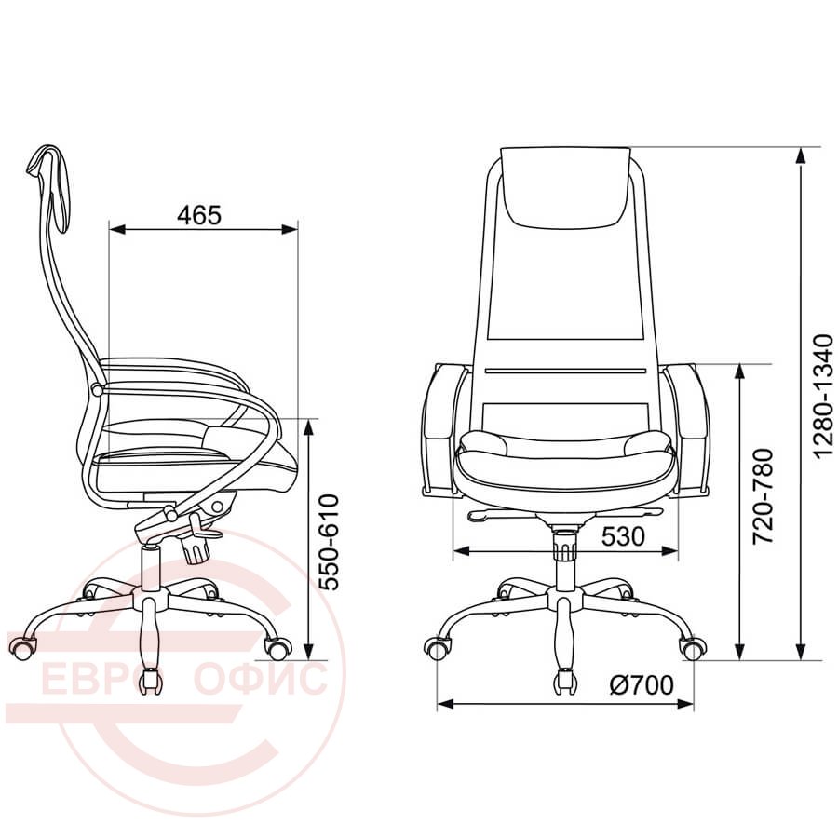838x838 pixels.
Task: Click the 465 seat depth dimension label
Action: (199, 215)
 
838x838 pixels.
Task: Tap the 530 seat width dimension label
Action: (623, 536)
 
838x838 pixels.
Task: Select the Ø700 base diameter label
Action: (642, 684)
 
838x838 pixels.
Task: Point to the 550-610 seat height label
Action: (330, 543)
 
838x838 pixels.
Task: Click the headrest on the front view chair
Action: (566, 186)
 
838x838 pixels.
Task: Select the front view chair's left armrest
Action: (442, 429)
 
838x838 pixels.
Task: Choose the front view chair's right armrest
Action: (688, 429)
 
